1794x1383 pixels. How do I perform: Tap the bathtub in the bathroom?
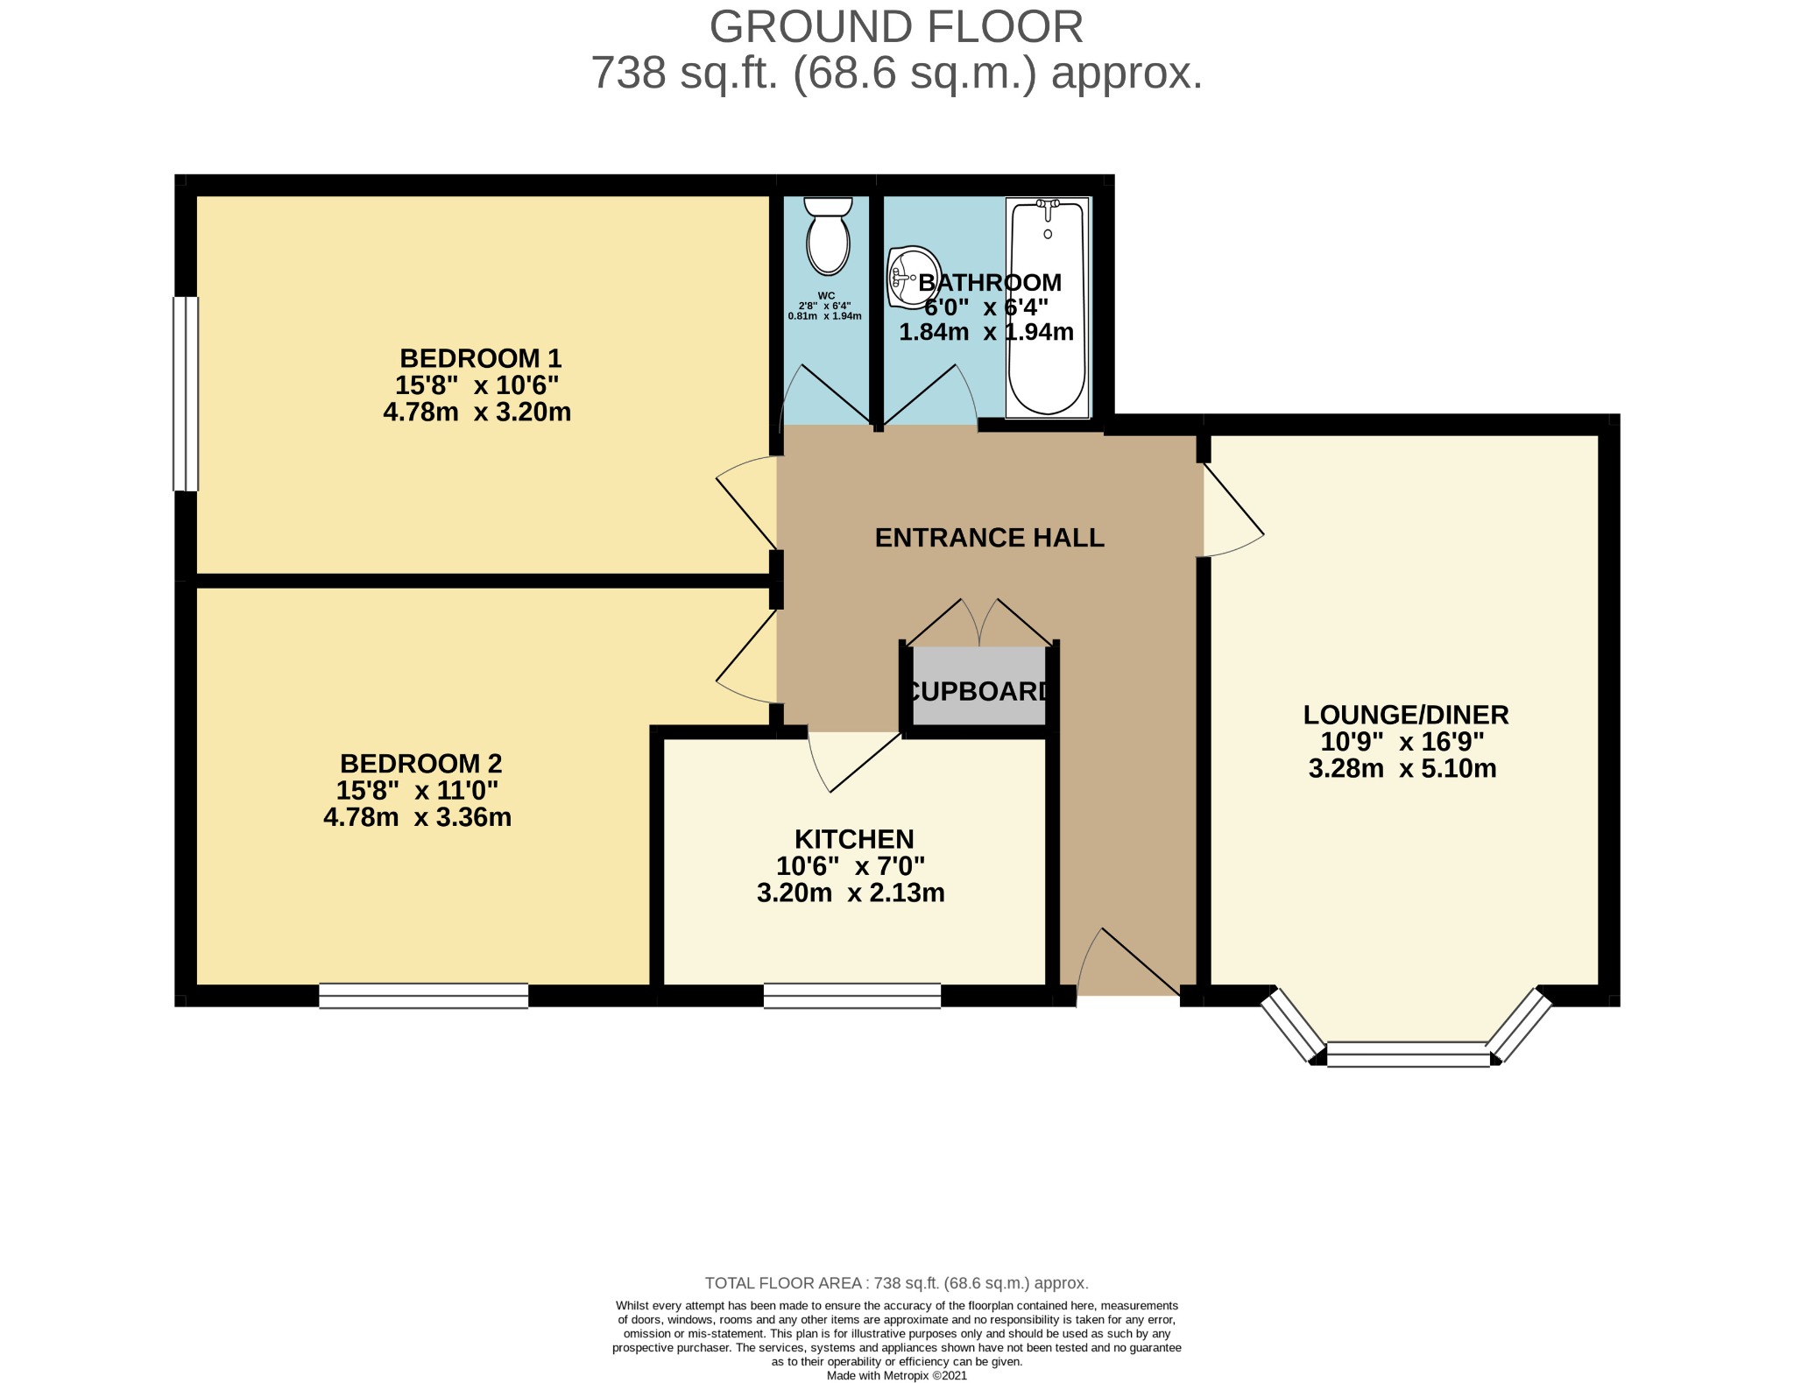pos(1048,307)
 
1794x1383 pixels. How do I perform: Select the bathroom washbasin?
pos(914,277)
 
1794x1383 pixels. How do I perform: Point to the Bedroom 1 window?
pos(186,394)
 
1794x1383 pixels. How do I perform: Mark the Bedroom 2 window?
pos(424,996)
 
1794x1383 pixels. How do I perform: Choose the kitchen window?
pos(852,996)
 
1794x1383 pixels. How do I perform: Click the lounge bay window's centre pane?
pos(1408,1054)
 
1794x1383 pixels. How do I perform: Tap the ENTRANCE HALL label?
pos(990,537)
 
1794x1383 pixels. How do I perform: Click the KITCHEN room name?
pos(854,839)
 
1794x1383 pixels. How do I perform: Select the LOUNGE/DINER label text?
pos(1406,715)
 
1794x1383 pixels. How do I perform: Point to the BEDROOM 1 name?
pos(481,358)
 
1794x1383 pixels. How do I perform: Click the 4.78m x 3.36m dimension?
pos(418,817)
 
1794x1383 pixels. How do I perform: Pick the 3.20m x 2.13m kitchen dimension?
pos(851,893)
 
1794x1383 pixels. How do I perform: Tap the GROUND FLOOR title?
pos(896,26)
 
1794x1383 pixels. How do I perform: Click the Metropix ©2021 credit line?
pos(897,1376)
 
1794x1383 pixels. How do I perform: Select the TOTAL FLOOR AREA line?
pos(897,1283)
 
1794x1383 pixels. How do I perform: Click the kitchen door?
pos(854,760)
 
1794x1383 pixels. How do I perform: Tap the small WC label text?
pos(825,295)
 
